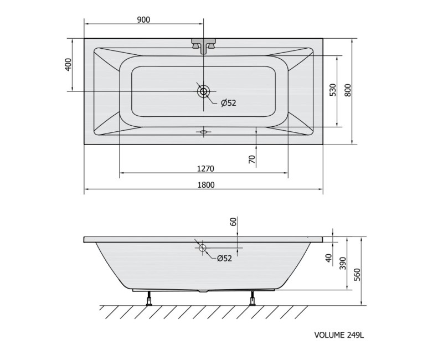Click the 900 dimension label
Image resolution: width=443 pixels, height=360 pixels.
click(x=143, y=20)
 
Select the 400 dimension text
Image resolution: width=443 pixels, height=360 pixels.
click(x=68, y=64)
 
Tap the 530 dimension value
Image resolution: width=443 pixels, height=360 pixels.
click(x=333, y=90)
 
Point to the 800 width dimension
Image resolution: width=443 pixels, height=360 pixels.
click(x=348, y=90)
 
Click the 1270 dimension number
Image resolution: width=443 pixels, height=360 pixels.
click(x=205, y=169)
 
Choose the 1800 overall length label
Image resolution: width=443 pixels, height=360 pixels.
click(x=206, y=185)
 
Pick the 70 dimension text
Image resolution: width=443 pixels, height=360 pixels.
click(x=252, y=160)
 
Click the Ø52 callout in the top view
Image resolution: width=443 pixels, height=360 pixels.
click(x=228, y=103)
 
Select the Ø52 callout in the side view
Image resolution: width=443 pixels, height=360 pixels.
click(x=224, y=258)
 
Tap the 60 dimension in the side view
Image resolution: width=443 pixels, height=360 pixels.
click(x=233, y=222)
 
